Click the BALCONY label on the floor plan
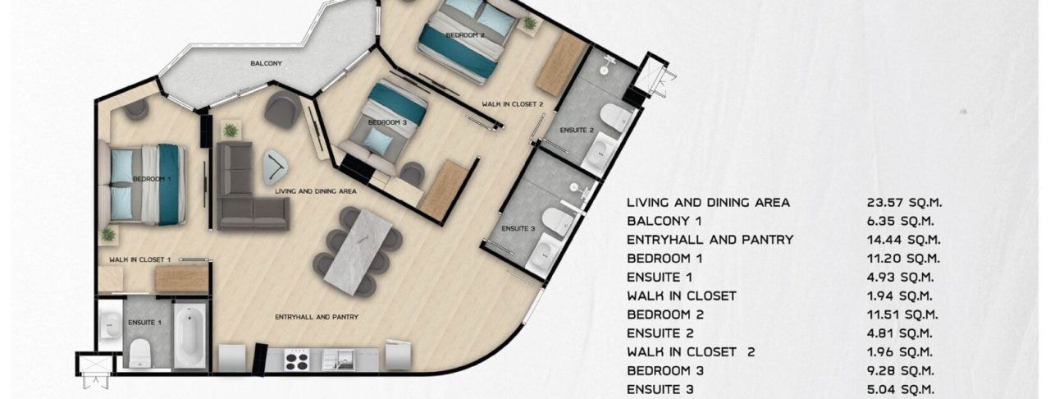coord(267,63)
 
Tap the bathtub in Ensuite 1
coord(189,337)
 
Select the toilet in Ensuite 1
coord(140,351)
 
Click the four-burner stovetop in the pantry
coord(294,359)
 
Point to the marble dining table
coord(358,250)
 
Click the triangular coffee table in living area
coord(276,168)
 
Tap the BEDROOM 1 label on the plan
coord(152,178)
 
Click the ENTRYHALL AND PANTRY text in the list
coord(710,240)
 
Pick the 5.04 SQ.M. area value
coord(901,389)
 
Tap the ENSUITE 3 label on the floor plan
coord(518,228)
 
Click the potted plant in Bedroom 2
coord(530,25)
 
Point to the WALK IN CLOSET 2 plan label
coord(513,104)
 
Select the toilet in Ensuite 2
coord(612,117)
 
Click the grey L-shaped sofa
coord(245,188)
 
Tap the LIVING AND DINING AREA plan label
coord(316,190)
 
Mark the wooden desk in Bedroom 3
coord(444,188)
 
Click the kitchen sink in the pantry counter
coord(337,358)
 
